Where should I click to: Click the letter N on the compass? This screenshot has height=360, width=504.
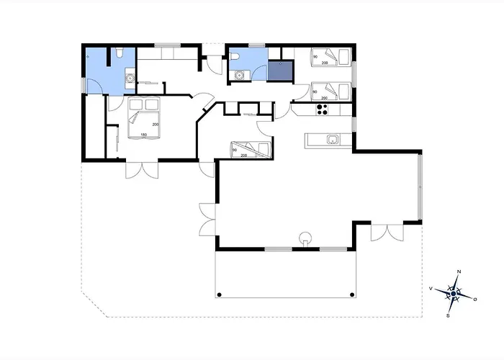458,271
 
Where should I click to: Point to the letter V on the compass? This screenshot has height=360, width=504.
431,288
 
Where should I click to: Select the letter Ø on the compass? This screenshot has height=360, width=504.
475,297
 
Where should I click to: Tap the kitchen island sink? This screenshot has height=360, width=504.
333,139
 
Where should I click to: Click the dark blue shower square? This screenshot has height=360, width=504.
280,70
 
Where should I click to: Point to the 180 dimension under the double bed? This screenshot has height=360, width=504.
143,135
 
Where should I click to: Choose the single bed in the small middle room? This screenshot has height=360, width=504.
249,149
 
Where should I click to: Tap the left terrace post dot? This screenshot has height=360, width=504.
217,294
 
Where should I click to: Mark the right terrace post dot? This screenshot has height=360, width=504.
351,294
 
